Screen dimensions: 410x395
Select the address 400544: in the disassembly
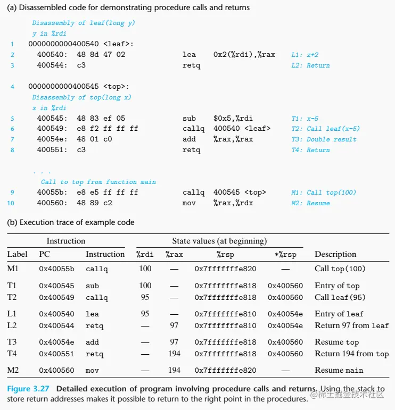click(x=52, y=65)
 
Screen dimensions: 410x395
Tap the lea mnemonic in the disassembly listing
click(x=189, y=55)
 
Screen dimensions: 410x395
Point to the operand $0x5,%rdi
click(x=232, y=118)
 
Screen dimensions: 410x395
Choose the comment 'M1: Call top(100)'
click(x=331, y=193)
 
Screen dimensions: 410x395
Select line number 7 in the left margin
click(x=12, y=139)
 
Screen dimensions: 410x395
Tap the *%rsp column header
click(x=285, y=255)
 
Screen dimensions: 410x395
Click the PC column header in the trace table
click(x=45, y=255)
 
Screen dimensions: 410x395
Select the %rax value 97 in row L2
click(x=174, y=325)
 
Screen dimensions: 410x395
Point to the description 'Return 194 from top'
click(x=351, y=354)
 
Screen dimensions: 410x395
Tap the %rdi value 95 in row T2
click(x=145, y=297)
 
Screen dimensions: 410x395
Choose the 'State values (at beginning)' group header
click(x=219, y=241)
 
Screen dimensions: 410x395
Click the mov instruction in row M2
click(x=93, y=370)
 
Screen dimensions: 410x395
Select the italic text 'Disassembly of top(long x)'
click(x=81, y=97)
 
